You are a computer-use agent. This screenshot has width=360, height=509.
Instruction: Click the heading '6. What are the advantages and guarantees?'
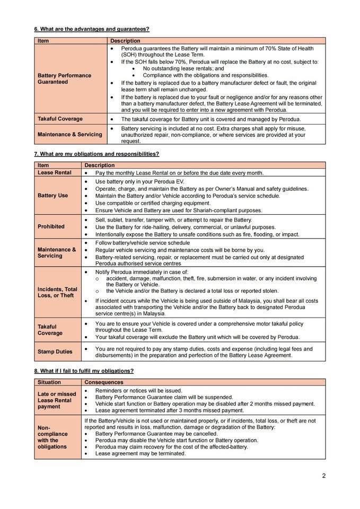(92, 29)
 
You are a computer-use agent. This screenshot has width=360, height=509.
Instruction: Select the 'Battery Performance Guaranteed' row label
(64, 78)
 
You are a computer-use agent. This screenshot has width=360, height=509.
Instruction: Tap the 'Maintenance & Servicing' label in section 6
(69, 134)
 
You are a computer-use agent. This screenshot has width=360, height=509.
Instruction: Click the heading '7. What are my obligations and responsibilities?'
(96, 154)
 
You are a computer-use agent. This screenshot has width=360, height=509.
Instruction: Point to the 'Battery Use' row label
(52, 195)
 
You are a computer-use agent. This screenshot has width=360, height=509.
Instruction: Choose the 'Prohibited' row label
(51, 226)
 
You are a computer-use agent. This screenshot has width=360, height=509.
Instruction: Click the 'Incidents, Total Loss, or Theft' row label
(57, 292)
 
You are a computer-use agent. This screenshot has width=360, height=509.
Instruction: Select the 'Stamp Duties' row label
(55, 352)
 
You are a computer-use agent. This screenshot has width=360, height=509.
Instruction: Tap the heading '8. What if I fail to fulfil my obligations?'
(84, 371)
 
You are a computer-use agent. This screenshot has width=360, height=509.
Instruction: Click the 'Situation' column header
(49, 382)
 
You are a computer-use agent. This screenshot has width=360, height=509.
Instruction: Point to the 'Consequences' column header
(104, 382)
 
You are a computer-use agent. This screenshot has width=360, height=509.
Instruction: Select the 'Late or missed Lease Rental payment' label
(57, 400)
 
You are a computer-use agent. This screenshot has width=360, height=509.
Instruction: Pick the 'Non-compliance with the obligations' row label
(52, 437)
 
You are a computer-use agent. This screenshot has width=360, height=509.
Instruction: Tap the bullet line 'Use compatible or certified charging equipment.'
(153, 203)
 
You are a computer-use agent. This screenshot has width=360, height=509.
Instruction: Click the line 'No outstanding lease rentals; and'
(183, 68)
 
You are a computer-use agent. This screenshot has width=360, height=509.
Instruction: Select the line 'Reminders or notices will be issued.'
(138, 390)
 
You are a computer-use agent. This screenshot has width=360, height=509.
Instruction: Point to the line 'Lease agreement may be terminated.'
(141, 453)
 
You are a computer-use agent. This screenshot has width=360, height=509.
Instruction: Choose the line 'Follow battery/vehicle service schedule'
(142, 243)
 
